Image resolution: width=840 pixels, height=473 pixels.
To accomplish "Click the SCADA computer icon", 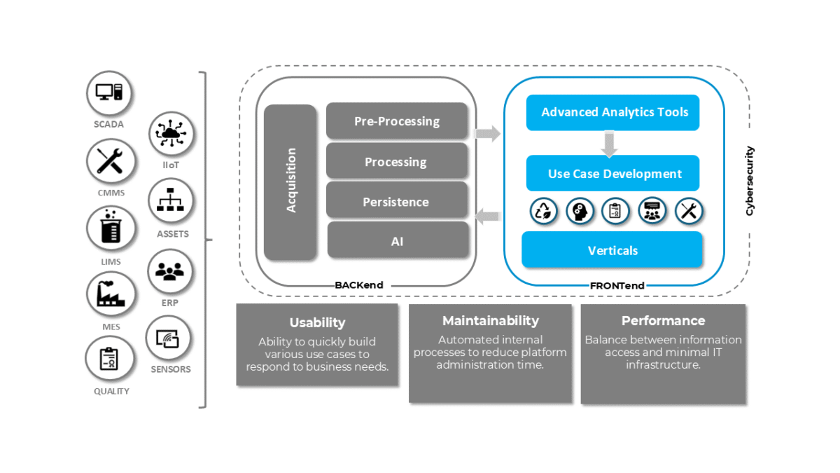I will coord(109,93).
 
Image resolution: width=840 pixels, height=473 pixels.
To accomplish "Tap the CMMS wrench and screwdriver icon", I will coord(110,161).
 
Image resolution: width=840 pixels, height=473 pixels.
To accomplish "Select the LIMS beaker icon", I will coord(110,229).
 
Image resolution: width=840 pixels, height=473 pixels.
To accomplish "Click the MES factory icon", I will coord(110,294).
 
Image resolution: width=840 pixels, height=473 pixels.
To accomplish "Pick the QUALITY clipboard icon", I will coord(109,359).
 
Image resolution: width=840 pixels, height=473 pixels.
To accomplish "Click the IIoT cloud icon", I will coord(171,134).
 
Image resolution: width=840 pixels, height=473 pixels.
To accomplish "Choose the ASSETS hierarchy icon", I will coord(171,201).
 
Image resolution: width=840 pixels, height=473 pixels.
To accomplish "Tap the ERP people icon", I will coord(170,271).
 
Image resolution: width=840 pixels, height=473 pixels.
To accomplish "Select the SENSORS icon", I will coord(168,338).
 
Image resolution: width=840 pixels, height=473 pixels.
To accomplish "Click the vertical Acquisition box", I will coord(290,182).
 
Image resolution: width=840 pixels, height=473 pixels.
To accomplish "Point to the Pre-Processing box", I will coord(397,121).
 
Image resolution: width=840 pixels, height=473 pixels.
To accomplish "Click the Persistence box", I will coord(397,201).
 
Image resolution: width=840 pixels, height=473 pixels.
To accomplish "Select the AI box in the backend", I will coord(397,240).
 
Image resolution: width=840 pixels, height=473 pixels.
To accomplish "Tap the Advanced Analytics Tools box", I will coord(612,112).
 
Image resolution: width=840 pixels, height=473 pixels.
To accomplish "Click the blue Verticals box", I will coord(612,250).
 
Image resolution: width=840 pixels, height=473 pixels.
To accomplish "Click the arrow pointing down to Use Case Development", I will coord(610,144).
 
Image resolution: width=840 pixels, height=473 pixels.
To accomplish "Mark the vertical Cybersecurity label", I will coord(749,180).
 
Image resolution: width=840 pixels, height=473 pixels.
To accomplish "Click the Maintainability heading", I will coord(490,320).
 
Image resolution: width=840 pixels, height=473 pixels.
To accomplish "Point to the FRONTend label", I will coord(617,285).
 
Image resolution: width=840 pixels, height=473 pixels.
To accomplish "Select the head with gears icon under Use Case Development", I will coord(580,211).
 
